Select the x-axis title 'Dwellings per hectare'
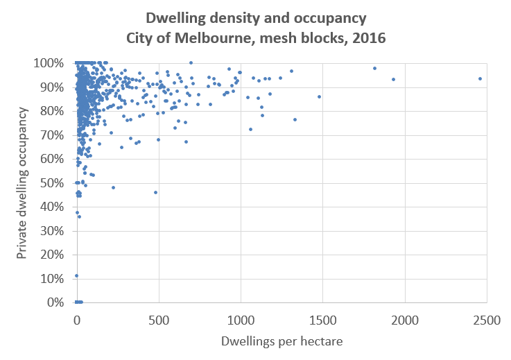282,341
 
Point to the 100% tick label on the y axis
49,63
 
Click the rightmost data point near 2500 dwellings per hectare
480,78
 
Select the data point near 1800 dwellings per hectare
374,68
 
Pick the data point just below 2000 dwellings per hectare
393,79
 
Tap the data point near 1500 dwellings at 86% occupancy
319,96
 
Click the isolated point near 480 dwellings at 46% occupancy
155,192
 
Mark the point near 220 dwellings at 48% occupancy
113,187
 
